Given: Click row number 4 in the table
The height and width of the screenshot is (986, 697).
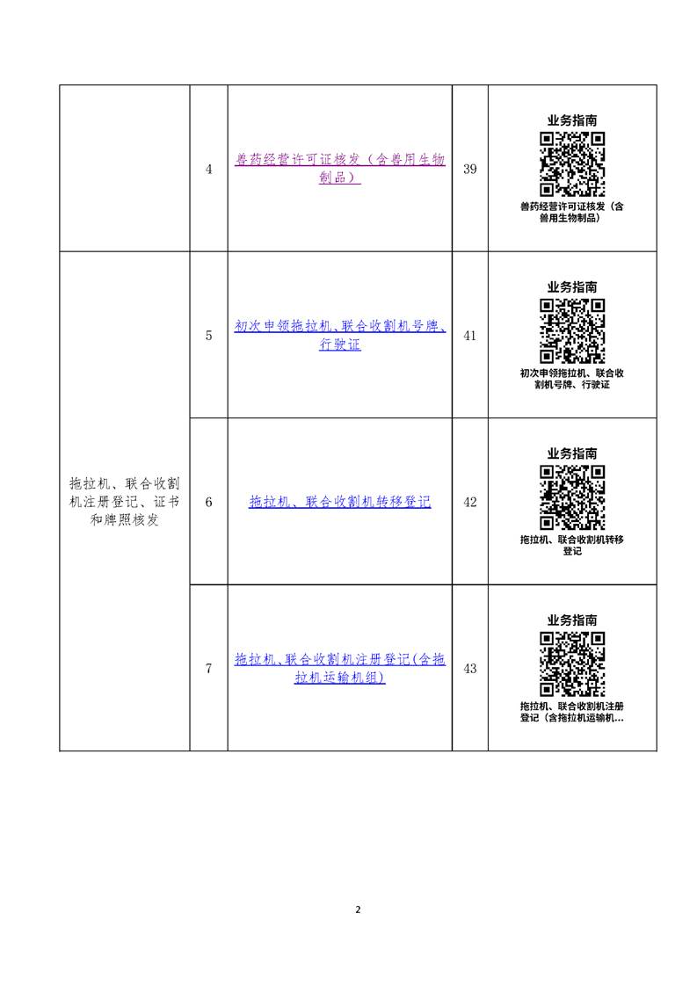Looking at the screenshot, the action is click(x=209, y=169).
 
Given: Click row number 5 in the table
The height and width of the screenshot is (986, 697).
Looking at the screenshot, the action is click(x=209, y=336).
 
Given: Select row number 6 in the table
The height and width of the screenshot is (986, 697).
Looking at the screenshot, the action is click(x=209, y=503).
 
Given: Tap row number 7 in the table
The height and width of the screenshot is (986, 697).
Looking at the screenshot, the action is click(x=209, y=669).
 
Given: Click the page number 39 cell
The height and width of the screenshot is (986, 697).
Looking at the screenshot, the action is click(x=470, y=169).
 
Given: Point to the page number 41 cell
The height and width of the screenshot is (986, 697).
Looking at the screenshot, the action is click(x=470, y=336).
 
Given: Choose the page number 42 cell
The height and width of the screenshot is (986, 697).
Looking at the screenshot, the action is click(x=470, y=503).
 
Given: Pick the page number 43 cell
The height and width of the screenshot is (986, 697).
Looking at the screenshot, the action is click(x=470, y=669).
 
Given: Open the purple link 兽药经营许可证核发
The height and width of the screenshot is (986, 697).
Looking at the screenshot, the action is click(x=339, y=169).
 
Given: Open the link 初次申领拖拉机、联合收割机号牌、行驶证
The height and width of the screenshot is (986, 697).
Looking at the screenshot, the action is click(x=339, y=335).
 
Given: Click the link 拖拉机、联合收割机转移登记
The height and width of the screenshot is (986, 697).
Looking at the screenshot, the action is click(x=339, y=502).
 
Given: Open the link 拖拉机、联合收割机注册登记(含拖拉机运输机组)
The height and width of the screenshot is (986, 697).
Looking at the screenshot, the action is click(x=339, y=669).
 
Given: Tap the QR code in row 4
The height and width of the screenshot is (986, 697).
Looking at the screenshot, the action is click(x=572, y=164).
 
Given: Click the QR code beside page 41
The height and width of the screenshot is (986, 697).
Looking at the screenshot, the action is click(x=572, y=330).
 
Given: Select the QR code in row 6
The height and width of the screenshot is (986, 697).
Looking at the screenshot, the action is click(x=572, y=497).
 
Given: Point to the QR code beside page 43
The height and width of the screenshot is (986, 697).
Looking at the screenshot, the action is click(x=572, y=664).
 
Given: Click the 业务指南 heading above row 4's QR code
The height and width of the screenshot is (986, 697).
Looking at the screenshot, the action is click(x=572, y=120).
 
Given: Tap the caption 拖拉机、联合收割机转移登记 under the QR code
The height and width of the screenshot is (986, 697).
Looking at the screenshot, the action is click(x=572, y=545).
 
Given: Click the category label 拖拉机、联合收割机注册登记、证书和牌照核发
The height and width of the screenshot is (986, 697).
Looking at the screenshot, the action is click(x=125, y=502).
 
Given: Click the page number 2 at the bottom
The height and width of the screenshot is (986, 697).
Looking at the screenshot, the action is click(x=358, y=910).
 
